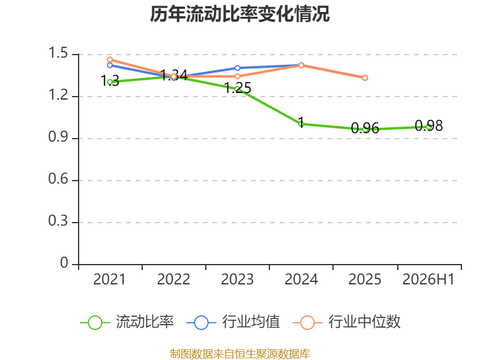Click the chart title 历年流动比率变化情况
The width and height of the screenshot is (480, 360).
click(x=239, y=14)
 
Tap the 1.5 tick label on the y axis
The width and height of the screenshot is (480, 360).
click(x=58, y=53)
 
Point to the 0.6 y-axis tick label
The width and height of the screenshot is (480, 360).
click(x=58, y=179)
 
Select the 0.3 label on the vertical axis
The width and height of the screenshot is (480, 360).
click(x=58, y=221)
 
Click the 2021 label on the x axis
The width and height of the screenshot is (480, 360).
click(x=109, y=279)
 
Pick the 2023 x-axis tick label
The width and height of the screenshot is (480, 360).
click(x=237, y=279)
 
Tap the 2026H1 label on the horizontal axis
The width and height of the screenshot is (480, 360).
click(x=428, y=279)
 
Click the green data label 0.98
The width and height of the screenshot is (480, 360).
click(x=428, y=125)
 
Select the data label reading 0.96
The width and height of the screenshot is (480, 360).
click(x=365, y=128)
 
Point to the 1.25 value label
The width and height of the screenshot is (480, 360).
click(x=238, y=88)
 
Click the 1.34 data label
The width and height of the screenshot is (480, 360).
click(x=174, y=75)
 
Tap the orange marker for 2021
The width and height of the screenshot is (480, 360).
click(x=110, y=59)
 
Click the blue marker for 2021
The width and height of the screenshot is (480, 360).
click(x=110, y=65)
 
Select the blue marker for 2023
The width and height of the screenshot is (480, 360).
click(x=238, y=68)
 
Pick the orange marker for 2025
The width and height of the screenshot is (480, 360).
click(x=365, y=78)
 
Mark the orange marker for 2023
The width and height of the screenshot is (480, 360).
click(x=238, y=76)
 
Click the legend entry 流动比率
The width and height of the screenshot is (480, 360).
click(x=127, y=322)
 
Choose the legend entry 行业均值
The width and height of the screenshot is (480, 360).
click(x=233, y=322)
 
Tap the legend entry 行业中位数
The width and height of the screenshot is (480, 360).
click(x=347, y=322)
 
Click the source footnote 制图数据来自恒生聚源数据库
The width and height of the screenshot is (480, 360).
click(x=239, y=354)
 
